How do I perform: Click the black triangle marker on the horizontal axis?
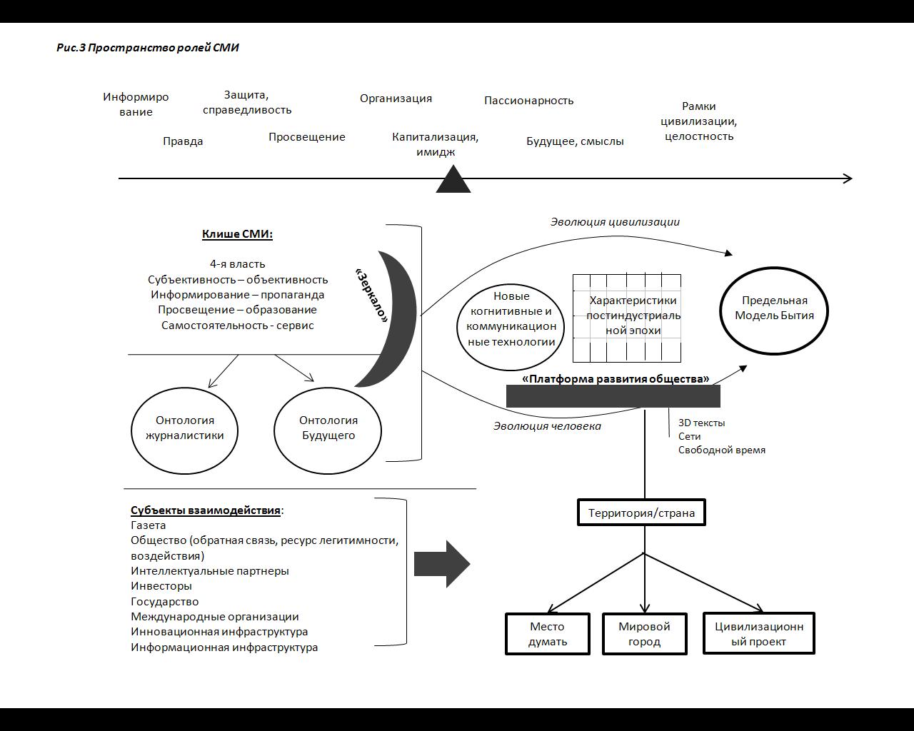(453, 181)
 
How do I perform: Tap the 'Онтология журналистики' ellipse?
(184, 428)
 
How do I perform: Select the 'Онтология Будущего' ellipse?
(328, 428)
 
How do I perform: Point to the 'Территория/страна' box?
(641, 513)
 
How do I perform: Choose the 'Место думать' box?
(548, 634)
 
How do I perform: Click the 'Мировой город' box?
(644, 634)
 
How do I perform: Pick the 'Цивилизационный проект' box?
(758, 634)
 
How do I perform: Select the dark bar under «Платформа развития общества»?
(613, 396)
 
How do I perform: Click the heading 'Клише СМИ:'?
(237, 234)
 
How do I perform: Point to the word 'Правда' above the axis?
(183, 141)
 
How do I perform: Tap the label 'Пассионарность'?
(528, 101)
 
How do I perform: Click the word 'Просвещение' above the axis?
(307, 137)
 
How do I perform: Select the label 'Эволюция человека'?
(547, 426)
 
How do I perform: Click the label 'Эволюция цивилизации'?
(615, 222)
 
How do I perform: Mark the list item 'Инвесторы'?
(161, 586)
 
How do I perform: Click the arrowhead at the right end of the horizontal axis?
(848, 178)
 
